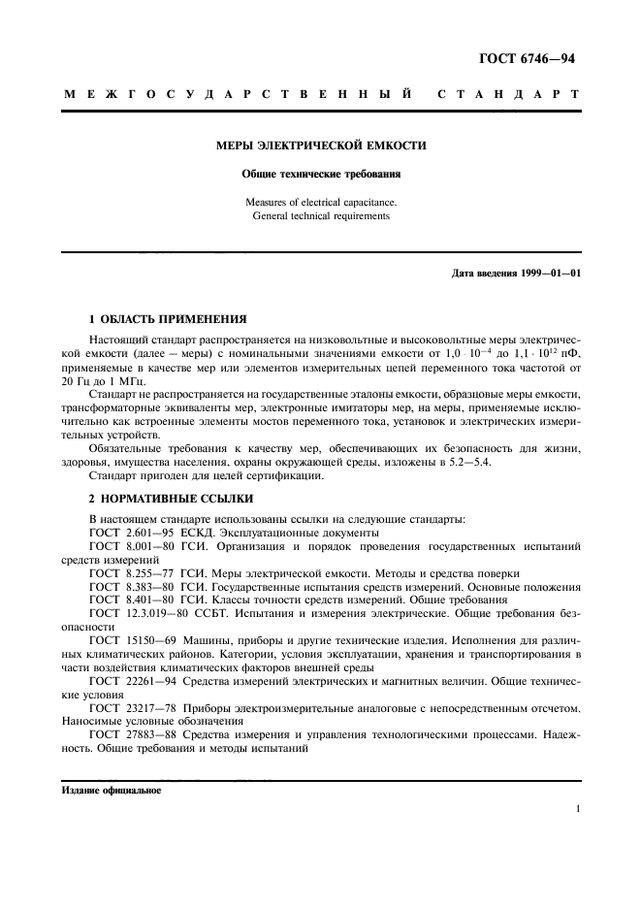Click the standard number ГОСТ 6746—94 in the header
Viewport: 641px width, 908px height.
(528, 58)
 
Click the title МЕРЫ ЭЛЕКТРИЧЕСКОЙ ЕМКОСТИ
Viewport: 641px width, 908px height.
(320, 146)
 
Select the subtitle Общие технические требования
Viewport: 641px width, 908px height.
(320, 175)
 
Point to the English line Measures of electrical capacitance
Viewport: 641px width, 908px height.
(320, 203)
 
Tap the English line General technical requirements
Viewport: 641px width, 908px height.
(320, 216)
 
